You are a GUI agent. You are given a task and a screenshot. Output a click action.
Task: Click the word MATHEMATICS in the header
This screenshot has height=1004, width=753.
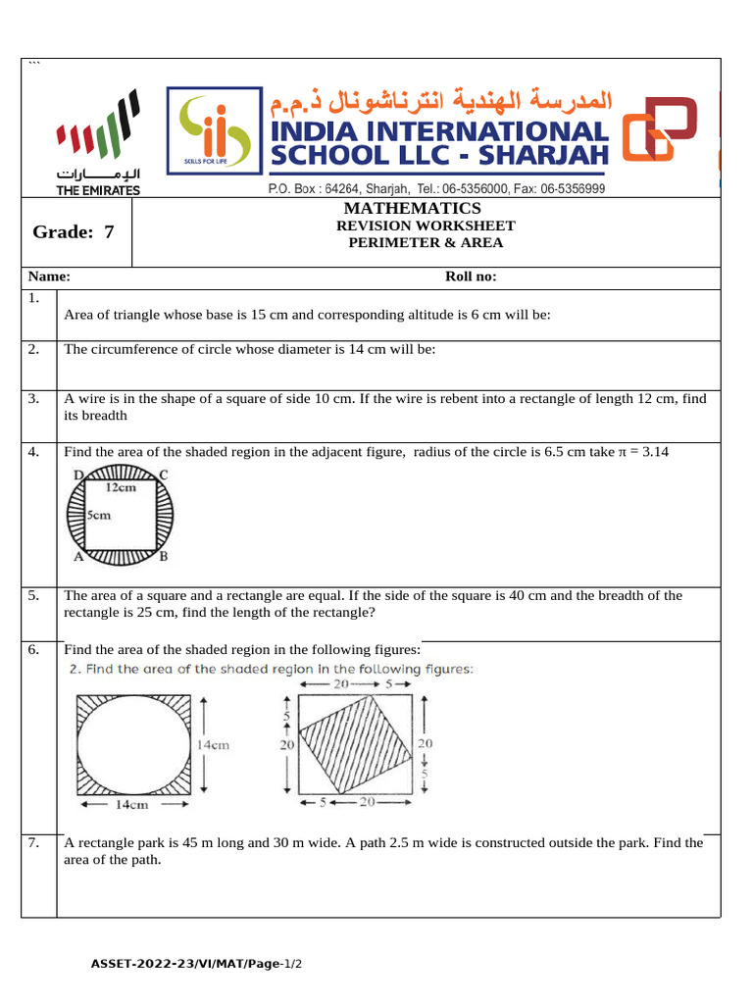[x=412, y=208]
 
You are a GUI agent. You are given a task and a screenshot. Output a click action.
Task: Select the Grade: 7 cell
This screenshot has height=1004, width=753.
[x=75, y=232]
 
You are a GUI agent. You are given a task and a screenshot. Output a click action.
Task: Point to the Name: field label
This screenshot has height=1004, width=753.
[x=49, y=276]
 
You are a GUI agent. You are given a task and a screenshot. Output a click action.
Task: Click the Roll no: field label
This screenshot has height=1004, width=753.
[x=471, y=276]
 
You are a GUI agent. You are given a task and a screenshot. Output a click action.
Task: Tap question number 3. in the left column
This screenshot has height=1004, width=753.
[x=33, y=398]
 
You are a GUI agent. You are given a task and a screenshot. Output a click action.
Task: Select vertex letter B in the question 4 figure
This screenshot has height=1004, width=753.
[x=164, y=556]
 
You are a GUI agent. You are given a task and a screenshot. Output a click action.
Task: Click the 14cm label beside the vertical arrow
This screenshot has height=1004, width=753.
[x=213, y=744]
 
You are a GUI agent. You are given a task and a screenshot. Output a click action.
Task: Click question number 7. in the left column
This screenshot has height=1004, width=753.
[x=33, y=842]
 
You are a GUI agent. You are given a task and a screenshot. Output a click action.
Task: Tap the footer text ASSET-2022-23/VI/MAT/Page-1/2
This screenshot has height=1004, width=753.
[x=197, y=965]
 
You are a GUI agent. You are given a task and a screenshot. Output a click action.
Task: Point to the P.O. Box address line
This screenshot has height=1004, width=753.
[x=436, y=188]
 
